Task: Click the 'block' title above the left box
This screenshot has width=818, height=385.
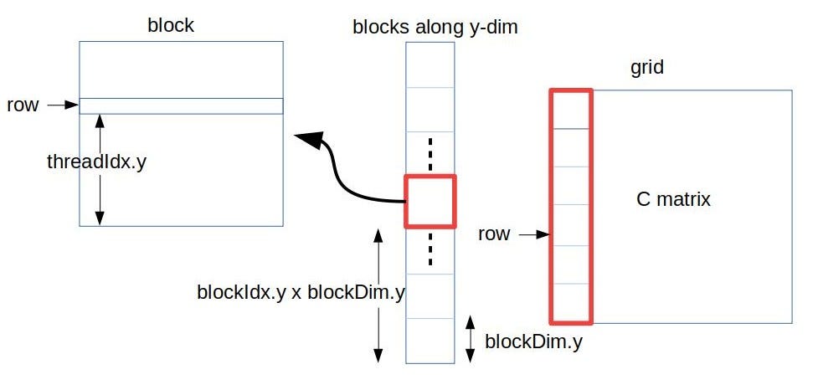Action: [x=170, y=25]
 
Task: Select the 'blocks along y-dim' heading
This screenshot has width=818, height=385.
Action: [x=435, y=27]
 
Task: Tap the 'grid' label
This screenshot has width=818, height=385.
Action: [x=646, y=68]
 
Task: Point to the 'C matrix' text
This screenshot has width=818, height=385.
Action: [x=673, y=200]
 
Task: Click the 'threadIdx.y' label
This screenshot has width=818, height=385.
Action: [x=96, y=162]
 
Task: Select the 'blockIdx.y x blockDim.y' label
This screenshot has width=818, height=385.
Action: [x=301, y=292]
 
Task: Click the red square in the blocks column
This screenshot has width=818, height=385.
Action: [x=430, y=201]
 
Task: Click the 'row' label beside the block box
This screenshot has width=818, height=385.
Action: [x=22, y=105]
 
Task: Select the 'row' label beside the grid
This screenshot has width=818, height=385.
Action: [x=493, y=234]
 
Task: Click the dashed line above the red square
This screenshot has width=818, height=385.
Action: [x=430, y=154]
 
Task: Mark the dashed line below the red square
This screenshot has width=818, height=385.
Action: [x=430, y=249]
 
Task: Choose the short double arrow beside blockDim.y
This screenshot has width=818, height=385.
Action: [x=471, y=339]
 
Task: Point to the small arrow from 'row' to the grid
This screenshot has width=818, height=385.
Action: [x=533, y=235]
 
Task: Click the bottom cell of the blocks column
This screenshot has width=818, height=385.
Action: [x=430, y=341]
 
